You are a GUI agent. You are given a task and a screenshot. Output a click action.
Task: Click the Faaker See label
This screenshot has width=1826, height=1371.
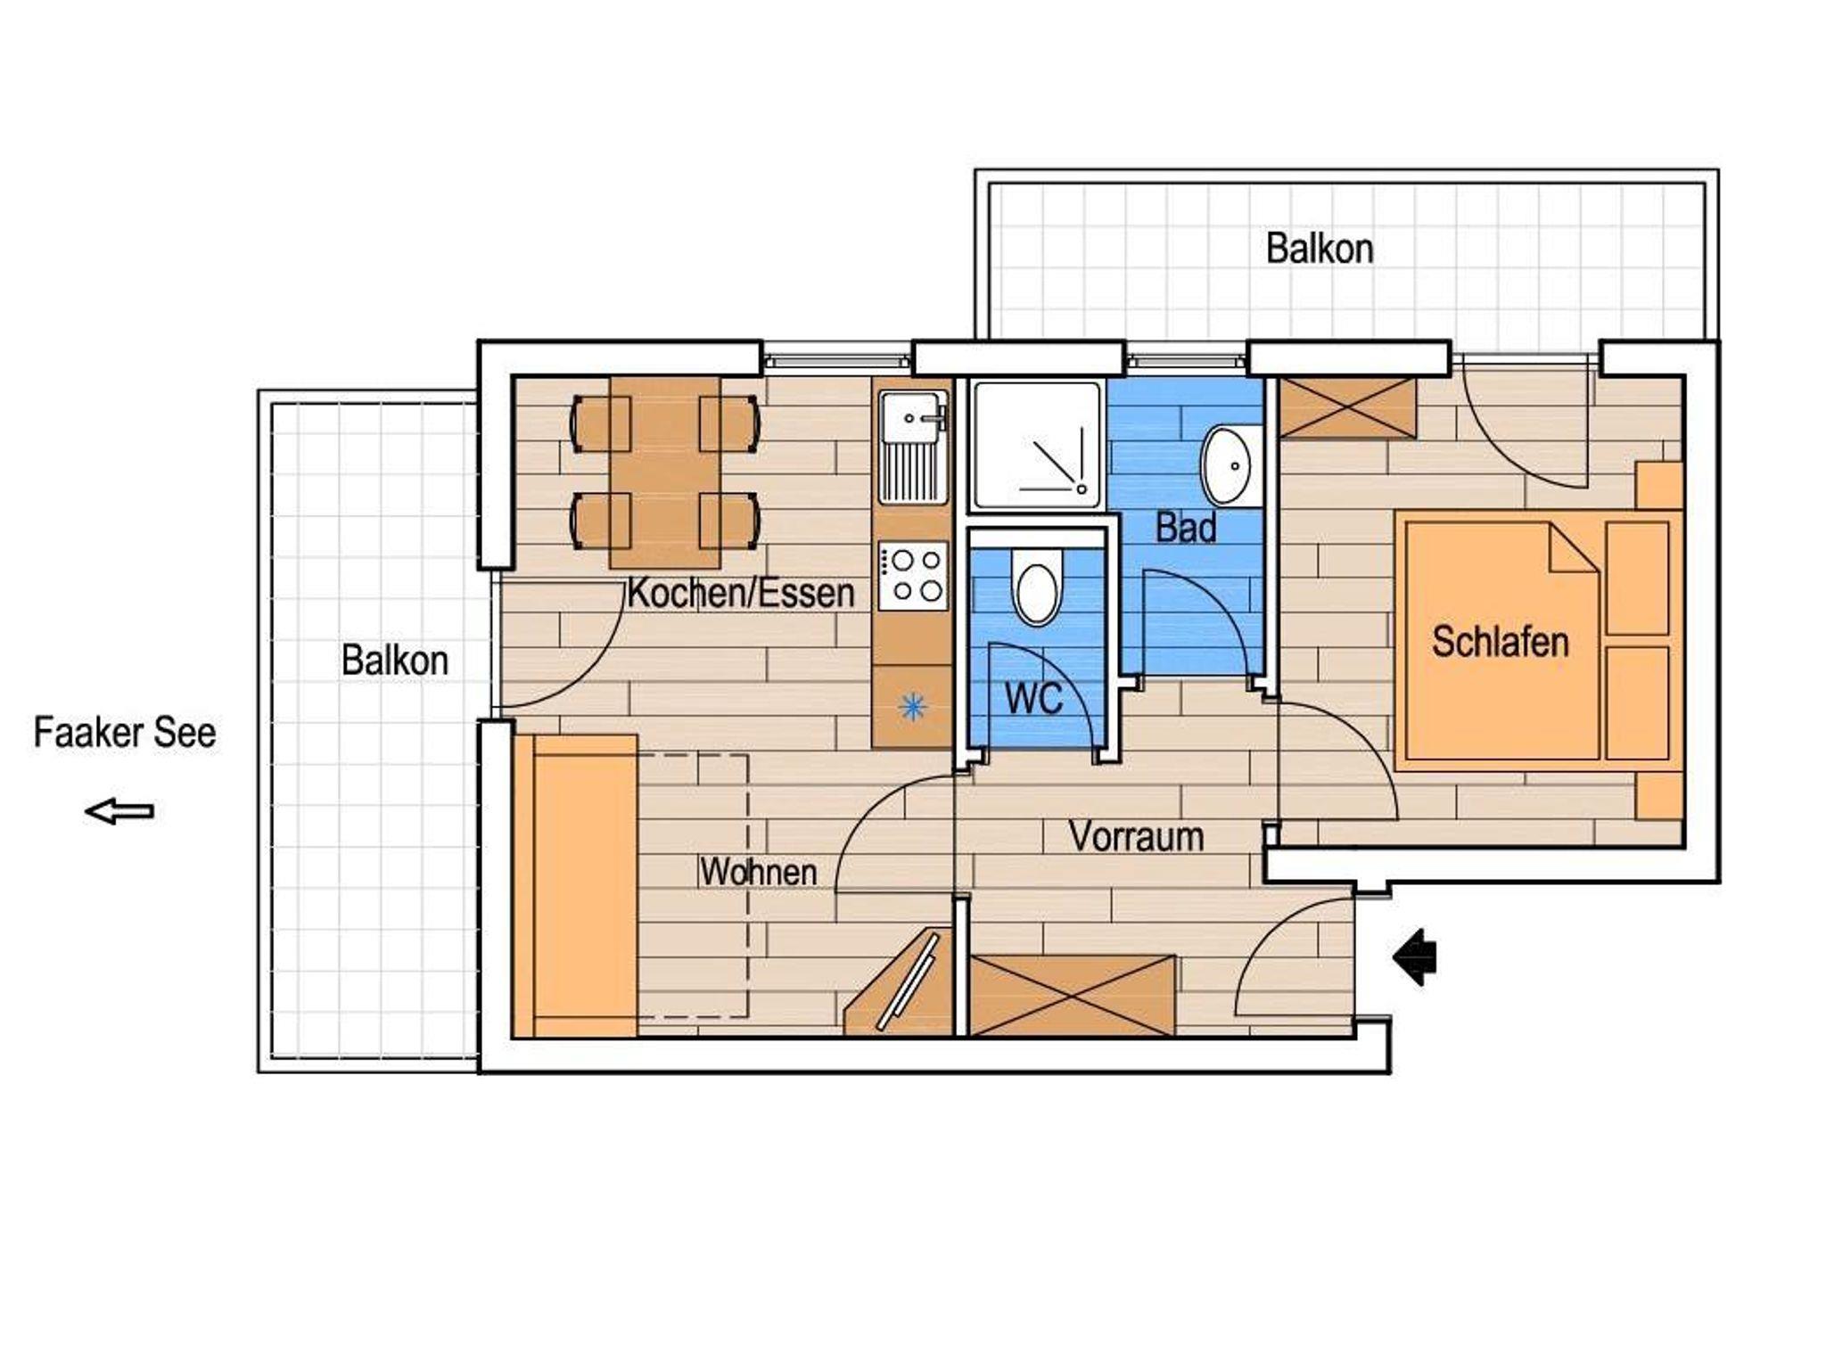pyautogui.click(x=125, y=734)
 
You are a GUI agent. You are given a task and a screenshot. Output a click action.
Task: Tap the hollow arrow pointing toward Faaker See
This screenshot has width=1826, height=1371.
pyautogui.click(x=119, y=811)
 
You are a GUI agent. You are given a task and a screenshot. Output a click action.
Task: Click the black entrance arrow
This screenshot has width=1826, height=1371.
pyautogui.click(x=1414, y=957)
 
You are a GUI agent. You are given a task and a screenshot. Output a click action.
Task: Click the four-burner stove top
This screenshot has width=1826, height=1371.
pyautogui.click(x=913, y=576)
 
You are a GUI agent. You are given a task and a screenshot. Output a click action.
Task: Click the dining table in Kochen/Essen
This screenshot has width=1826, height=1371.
pyautogui.click(x=665, y=472)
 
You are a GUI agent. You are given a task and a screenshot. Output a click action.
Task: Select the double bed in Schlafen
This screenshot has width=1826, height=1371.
pyautogui.click(x=1538, y=641)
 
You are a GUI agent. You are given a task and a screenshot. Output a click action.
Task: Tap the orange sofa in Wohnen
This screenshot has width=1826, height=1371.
pyautogui.click(x=576, y=886)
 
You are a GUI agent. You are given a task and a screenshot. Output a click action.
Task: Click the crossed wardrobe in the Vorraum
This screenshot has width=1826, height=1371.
pyautogui.click(x=1072, y=996)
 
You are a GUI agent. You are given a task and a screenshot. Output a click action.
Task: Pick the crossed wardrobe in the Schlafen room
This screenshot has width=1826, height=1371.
pyautogui.click(x=1347, y=407)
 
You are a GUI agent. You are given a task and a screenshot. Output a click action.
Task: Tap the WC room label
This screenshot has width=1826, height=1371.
pyautogui.click(x=1034, y=699)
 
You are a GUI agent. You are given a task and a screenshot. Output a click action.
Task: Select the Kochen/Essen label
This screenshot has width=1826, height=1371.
pyautogui.click(x=740, y=594)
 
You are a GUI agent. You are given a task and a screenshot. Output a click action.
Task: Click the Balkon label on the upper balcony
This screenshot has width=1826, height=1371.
pyautogui.click(x=1320, y=249)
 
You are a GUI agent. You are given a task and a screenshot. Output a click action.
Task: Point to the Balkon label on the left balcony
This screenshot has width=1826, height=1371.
pyautogui.click(x=395, y=661)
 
